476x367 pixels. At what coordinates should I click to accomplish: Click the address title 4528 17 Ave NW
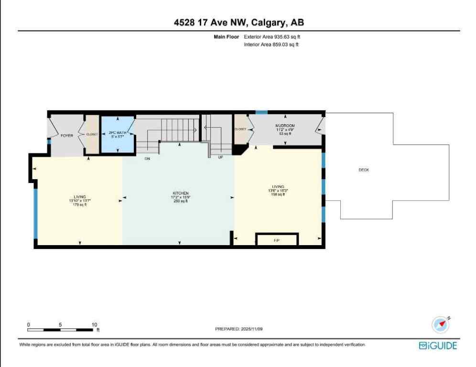point(238,22)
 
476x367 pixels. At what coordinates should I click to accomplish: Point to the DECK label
point(364,170)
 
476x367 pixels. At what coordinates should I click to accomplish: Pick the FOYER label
point(66,136)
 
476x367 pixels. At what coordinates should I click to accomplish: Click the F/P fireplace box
point(276,240)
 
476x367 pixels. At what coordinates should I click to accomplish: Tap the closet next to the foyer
point(92,134)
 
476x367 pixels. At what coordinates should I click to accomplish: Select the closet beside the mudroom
point(240,129)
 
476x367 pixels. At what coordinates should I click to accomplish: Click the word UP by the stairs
point(220,157)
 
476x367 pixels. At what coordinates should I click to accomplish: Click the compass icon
point(441,325)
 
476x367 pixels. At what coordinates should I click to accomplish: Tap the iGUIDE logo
point(437,345)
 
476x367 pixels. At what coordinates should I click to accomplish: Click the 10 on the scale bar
point(94,324)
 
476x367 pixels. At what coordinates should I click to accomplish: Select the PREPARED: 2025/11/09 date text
point(237,329)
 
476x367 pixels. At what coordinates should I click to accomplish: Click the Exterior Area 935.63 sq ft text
point(272,36)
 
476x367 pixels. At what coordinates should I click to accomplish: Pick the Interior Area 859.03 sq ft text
point(271,44)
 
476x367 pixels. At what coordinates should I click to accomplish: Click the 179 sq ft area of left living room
point(79,205)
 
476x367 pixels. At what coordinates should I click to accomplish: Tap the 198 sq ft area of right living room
point(278,194)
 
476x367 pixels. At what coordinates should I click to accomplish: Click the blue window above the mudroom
point(261,112)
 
